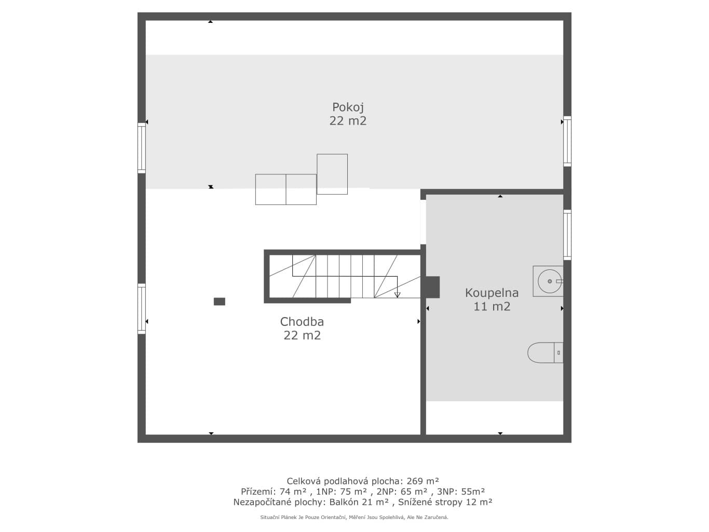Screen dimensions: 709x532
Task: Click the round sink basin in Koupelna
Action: point(550,281)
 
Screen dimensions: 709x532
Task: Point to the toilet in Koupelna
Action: point(545,352)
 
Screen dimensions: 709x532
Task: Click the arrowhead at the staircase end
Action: point(397,295)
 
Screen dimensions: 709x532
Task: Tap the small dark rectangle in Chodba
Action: point(220,302)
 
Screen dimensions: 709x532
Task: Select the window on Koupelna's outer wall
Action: point(567,235)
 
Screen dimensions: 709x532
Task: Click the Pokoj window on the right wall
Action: point(567,141)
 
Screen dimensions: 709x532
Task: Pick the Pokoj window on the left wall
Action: point(142,147)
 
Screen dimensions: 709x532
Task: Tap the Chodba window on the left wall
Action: point(142,308)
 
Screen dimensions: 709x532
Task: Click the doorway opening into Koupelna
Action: point(423,222)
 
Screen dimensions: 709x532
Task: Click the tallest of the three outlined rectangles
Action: point(332,174)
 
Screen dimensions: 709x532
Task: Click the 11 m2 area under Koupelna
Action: point(492,306)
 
